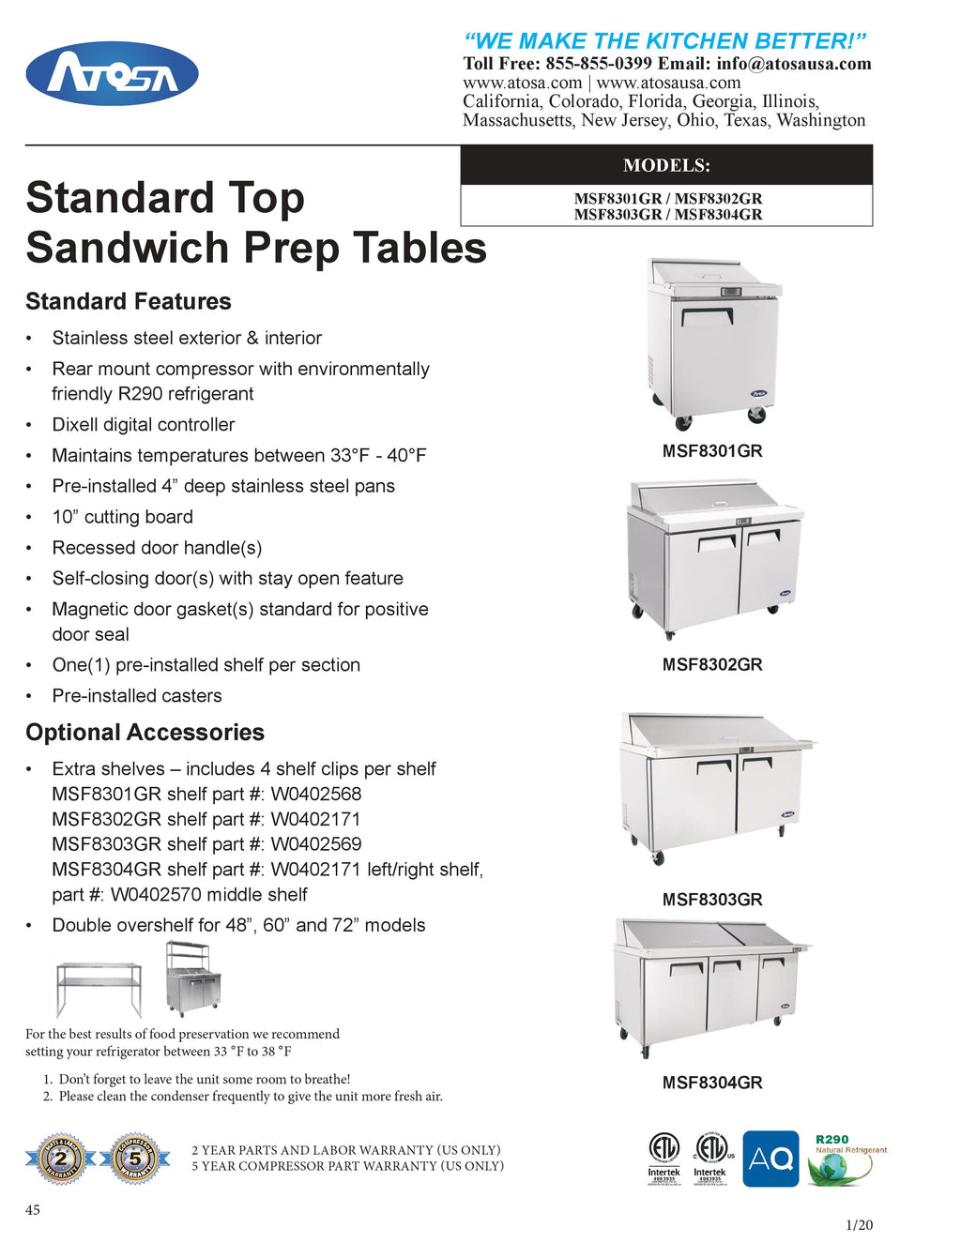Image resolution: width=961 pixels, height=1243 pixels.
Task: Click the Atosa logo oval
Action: click(x=112, y=73)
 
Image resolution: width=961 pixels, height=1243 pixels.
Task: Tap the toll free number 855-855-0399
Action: click(x=598, y=64)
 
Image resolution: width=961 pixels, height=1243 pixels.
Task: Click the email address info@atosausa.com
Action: click(x=794, y=64)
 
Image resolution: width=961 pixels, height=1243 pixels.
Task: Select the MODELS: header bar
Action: click(x=666, y=165)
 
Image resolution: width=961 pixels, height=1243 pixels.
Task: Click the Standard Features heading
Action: click(x=129, y=301)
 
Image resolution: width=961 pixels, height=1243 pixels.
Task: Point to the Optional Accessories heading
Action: click(x=145, y=732)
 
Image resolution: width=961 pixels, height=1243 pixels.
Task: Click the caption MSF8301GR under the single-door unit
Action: click(x=712, y=451)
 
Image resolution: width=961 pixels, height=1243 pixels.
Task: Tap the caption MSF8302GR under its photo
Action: click(x=712, y=665)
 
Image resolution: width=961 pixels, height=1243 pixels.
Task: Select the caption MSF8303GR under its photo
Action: click(x=712, y=900)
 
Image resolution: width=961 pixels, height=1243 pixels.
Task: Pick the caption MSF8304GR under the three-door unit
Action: click(x=712, y=1083)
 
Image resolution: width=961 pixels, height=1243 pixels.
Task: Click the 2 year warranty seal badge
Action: click(x=59, y=1160)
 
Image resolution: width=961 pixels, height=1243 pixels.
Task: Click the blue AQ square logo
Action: click(x=770, y=1159)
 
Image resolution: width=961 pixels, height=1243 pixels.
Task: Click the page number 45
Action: click(x=33, y=1210)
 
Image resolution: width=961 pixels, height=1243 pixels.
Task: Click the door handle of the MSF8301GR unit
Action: click(x=707, y=315)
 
